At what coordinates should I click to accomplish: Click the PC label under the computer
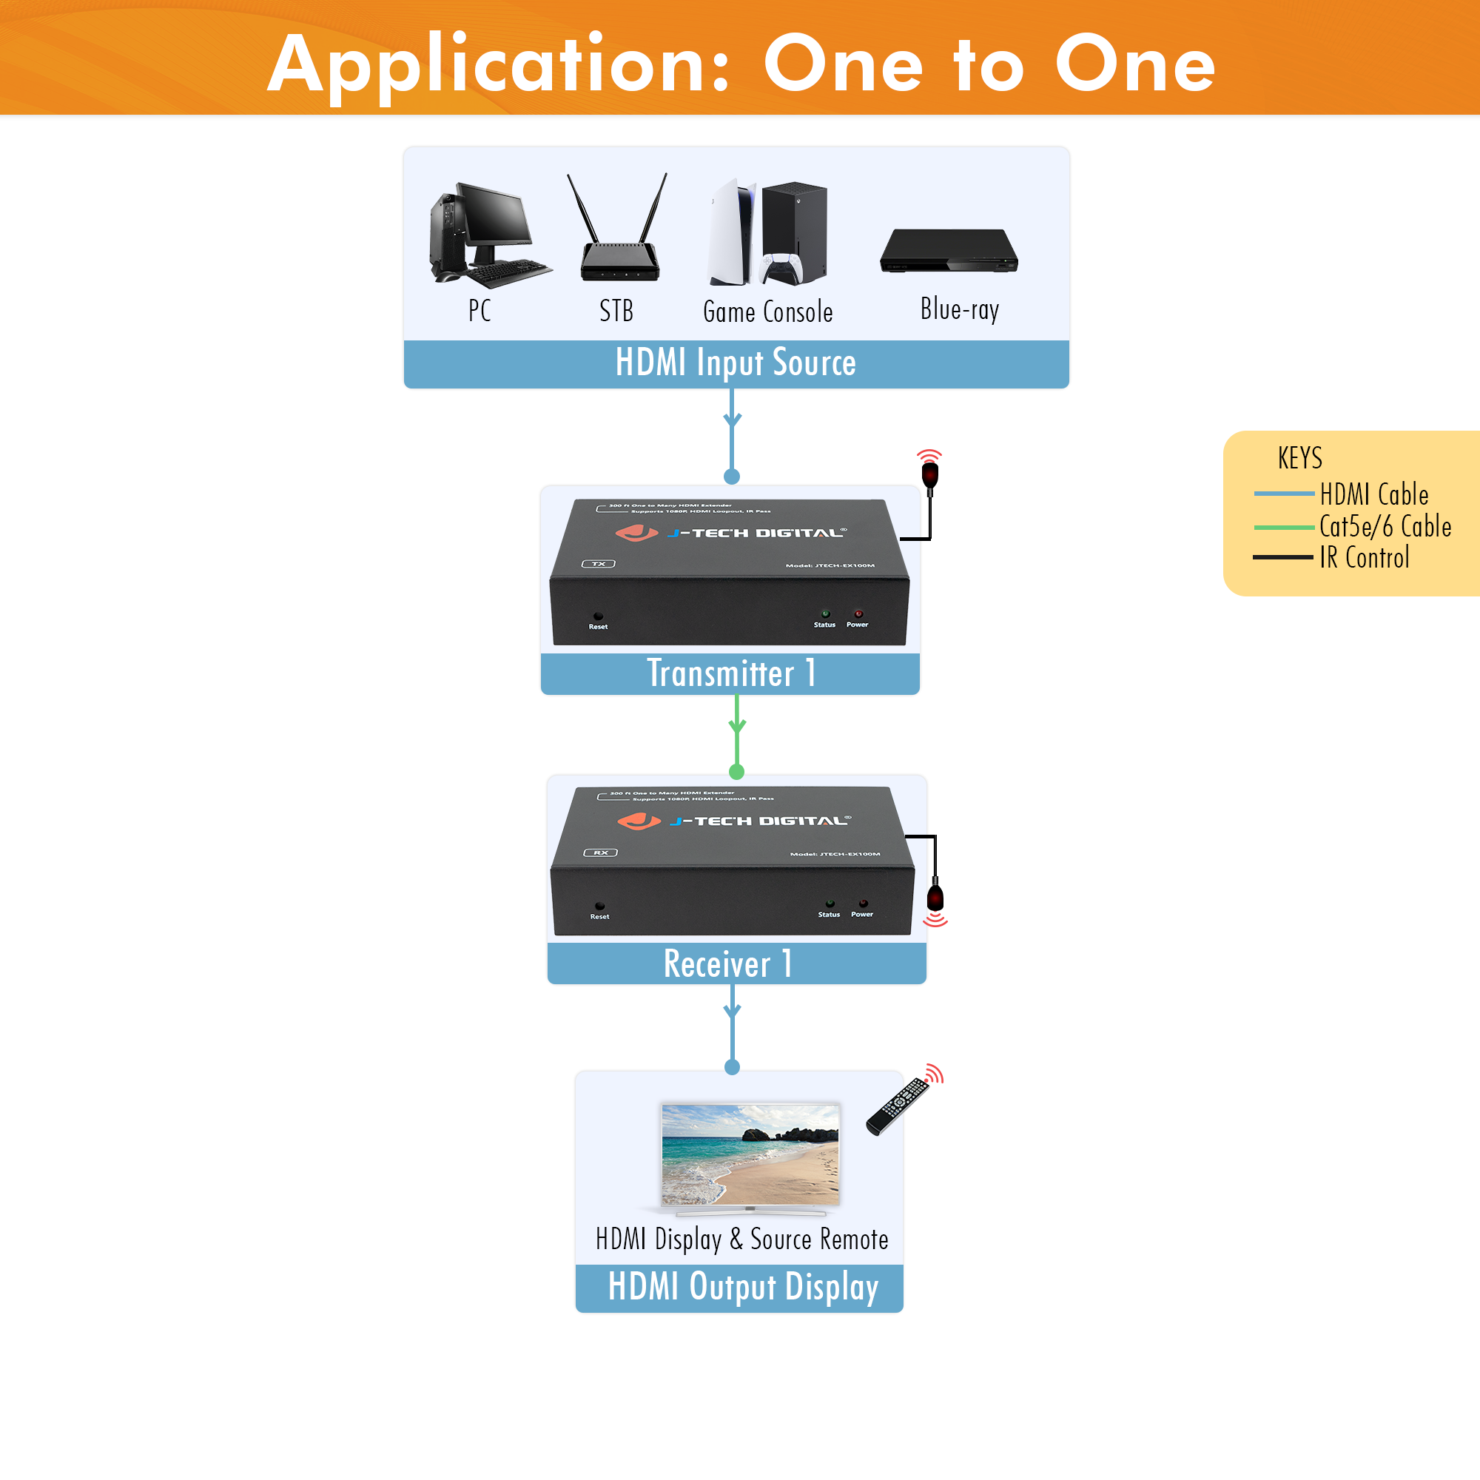(480, 310)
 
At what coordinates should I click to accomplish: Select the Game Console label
(767, 312)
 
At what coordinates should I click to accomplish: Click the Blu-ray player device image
(949, 252)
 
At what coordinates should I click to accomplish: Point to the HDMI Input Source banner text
(736, 363)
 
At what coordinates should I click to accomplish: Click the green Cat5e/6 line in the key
(1283, 528)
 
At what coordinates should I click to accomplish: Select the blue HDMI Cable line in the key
(1283, 494)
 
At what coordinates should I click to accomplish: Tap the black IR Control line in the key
(1283, 558)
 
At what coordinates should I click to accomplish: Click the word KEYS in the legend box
(1299, 458)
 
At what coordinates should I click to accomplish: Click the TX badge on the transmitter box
(598, 564)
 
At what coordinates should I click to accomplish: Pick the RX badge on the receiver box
(601, 852)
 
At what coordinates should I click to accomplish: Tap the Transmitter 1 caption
(731, 674)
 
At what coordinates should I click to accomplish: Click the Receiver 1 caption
(727, 963)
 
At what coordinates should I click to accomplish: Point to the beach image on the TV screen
(750, 1155)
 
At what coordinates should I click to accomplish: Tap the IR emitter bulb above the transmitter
(930, 475)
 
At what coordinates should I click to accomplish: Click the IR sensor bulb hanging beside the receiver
(935, 898)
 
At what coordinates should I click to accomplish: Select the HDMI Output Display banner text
(742, 1287)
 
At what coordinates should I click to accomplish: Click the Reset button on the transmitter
(598, 616)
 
